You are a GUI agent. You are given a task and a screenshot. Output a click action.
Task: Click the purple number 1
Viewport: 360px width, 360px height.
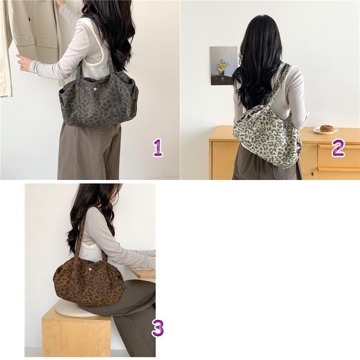click(158, 148)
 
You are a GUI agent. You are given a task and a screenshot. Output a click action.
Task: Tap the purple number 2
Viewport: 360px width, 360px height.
click(338, 148)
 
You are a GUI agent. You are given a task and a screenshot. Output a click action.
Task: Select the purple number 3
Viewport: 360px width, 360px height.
click(158, 328)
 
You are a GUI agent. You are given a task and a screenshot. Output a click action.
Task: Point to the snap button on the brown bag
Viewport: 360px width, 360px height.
click(90, 268)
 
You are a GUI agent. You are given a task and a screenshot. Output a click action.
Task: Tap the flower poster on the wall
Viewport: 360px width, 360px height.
click(224, 66)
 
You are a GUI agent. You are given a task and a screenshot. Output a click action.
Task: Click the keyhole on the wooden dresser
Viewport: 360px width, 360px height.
click(312, 173)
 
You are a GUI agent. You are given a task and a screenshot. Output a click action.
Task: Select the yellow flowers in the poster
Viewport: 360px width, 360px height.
click(222, 65)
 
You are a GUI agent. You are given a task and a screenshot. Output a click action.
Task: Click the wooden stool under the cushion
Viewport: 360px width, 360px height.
click(76, 334)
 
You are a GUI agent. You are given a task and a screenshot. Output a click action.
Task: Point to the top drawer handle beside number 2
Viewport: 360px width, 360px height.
click(339, 146)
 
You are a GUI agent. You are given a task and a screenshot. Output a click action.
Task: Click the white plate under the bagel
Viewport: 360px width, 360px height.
click(325, 130)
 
